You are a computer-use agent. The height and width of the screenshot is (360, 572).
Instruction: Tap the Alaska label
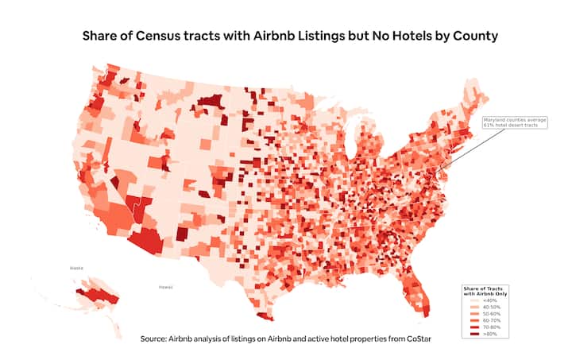tap(77, 269)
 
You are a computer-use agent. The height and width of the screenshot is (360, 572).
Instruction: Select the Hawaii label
tap(165, 286)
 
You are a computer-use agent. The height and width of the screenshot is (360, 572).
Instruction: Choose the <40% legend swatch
tap(469, 300)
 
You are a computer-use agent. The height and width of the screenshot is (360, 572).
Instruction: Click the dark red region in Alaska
tap(95, 296)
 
